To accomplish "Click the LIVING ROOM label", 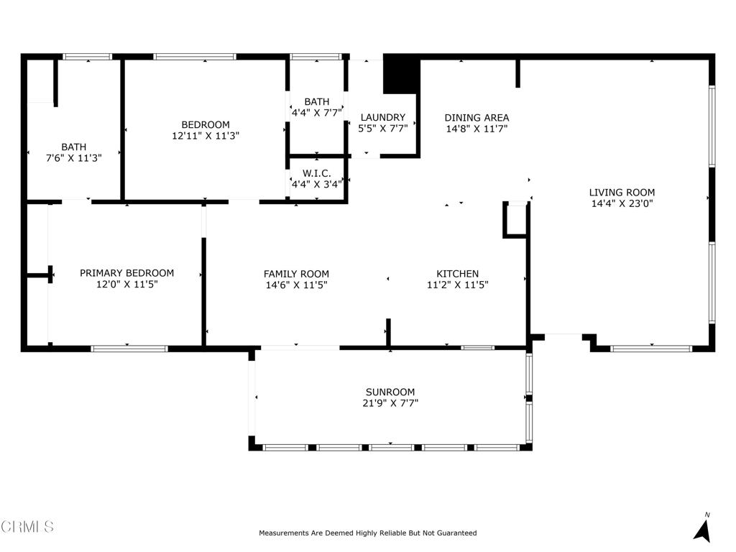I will pyautogui.click(x=622, y=192).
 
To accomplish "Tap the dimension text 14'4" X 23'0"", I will pyautogui.click(x=622, y=203).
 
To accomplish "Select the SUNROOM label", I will pyautogui.click(x=390, y=392).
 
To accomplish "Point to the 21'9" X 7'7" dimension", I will pyautogui.click(x=390, y=403).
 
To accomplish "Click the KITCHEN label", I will pyautogui.click(x=457, y=274).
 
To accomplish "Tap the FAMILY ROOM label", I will pyautogui.click(x=296, y=274).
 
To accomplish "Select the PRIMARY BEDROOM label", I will pyautogui.click(x=126, y=273).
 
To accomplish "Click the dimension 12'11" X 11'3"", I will pyautogui.click(x=206, y=135).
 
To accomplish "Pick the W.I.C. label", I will pyautogui.click(x=316, y=173).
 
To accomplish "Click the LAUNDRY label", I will pyautogui.click(x=382, y=117).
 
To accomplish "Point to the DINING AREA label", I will pyautogui.click(x=477, y=118).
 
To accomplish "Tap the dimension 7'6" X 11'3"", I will pyautogui.click(x=73, y=158).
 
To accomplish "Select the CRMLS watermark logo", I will pyautogui.click(x=27, y=527).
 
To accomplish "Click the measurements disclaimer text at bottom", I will pyautogui.click(x=367, y=533).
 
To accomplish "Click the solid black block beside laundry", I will pyautogui.click(x=401, y=75).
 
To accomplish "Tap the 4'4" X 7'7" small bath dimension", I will pyautogui.click(x=316, y=113).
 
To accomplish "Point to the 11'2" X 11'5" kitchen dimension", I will pyautogui.click(x=457, y=285).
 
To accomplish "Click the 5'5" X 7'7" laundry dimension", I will pyautogui.click(x=382, y=129).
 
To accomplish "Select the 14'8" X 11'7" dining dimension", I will pyautogui.click(x=477, y=129).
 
